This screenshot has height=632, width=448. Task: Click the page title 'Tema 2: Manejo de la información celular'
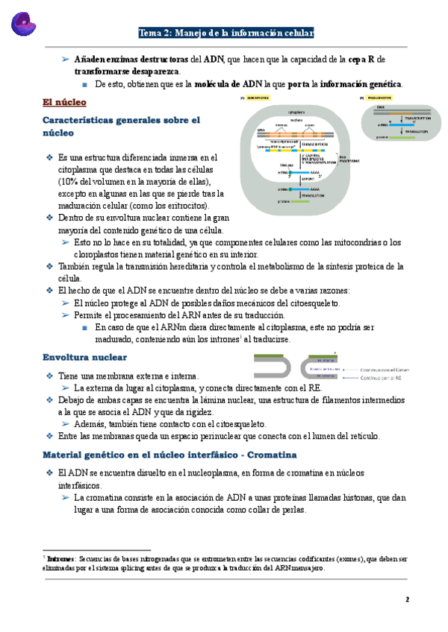226,33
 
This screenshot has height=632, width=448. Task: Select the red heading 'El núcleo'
65,101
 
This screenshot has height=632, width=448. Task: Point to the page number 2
408,599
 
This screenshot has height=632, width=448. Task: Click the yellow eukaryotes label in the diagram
259,98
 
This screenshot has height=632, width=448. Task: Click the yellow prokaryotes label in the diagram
379,98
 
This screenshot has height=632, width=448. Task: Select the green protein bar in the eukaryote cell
292,201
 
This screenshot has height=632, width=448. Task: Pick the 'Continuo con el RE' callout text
380,378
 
